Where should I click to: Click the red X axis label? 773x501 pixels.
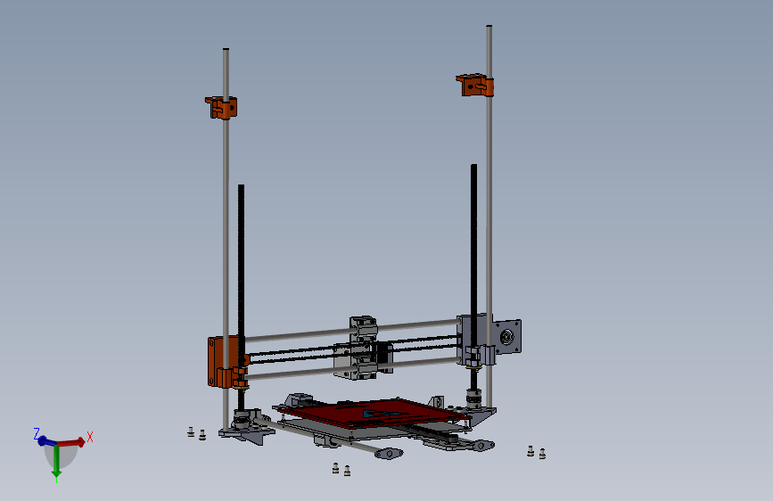tap(90, 437)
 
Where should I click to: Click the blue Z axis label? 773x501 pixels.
tap(37, 433)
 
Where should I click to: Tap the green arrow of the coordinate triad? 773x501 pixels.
tap(56, 463)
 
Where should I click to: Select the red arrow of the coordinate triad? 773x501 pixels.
tap(73, 441)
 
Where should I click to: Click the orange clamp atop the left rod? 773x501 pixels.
tap(222, 107)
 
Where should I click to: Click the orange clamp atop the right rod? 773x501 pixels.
tap(475, 86)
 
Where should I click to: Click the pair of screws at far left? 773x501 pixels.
tap(196, 433)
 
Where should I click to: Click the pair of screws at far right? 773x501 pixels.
tap(536, 452)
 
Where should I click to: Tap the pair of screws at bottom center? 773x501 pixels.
tap(341, 468)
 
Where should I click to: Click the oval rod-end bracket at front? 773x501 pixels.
tap(389, 454)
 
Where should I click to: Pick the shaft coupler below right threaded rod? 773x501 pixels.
tap(473, 396)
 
